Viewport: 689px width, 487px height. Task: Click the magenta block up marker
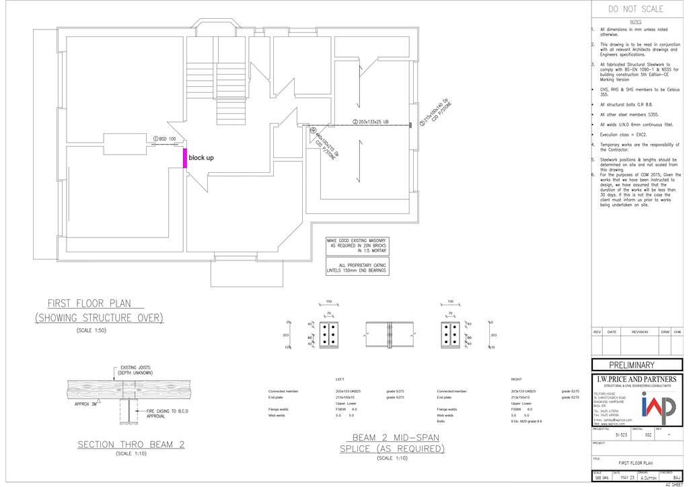(186, 157)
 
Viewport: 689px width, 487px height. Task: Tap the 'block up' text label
(201, 157)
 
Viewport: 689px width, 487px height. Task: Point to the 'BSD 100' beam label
(165, 139)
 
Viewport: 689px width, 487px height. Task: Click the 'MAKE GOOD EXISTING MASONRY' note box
(357, 245)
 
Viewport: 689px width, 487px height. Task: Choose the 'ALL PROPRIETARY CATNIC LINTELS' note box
(357, 268)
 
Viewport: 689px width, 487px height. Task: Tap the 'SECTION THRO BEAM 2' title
(131, 444)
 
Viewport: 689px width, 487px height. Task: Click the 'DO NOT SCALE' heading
(635, 9)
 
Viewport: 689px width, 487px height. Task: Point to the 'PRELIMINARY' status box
(636, 365)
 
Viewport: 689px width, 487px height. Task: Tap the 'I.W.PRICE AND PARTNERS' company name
(636, 379)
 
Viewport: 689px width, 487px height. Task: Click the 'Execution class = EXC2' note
(625, 135)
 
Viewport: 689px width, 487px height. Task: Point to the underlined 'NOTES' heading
(635, 22)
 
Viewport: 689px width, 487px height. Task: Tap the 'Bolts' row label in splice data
(441, 421)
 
